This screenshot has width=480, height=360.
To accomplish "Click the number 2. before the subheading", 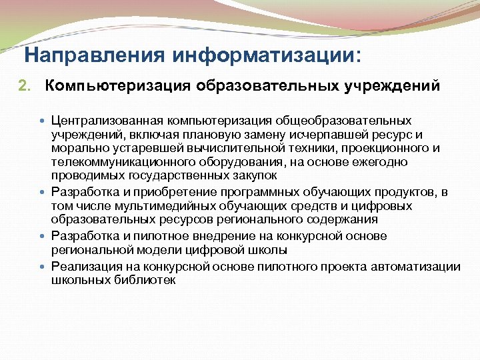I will pos(24,86).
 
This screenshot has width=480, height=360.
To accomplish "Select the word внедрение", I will pos(220,236).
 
